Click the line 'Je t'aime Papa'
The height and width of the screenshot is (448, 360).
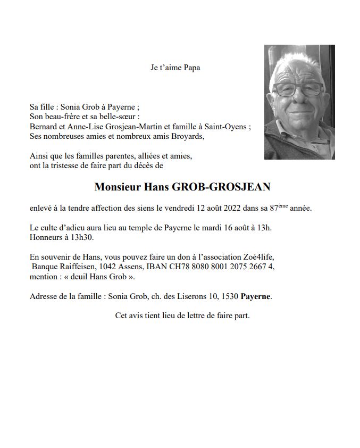click(175, 68)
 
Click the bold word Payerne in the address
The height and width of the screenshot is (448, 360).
click(256, 296)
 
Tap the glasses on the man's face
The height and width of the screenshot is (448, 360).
click(297, 89)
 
